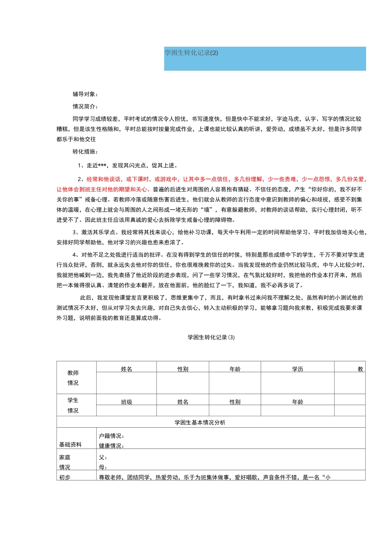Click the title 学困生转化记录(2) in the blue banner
click(191, 53)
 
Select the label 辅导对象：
click(86, 94)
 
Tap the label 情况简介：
click(86, 106)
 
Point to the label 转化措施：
click(86, 152)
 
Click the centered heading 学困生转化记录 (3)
click(211, 338)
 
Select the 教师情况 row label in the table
click(73, 378)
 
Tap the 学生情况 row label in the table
click(73, 405)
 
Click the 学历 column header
click(298, 369)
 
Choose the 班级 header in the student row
click(127, 402)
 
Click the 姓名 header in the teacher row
click(127, 369)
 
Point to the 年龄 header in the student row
click(298, 402)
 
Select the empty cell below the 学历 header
click(298, 383)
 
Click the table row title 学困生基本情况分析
click(200, 423)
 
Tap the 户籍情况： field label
click(112, 436)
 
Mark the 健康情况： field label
click(112, 446)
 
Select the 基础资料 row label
click(70, 445)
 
